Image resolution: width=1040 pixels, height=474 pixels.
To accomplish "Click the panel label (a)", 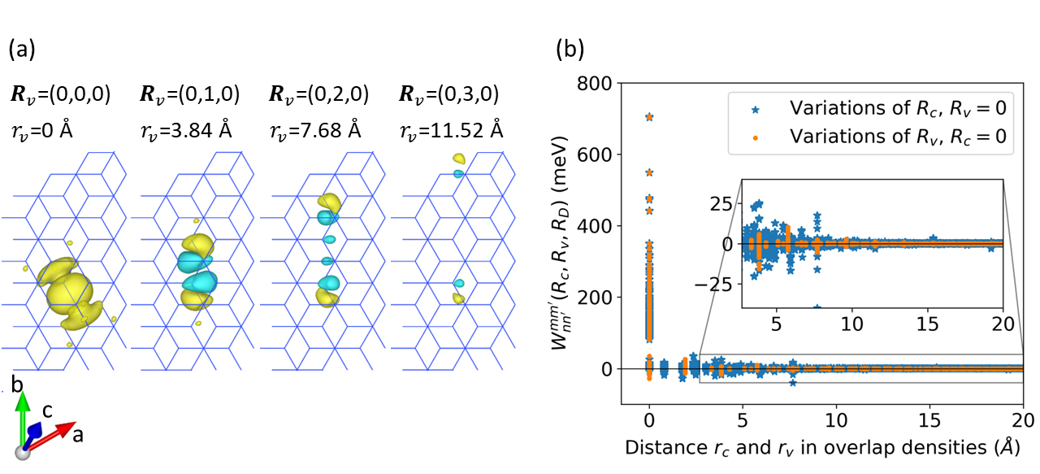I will tap(22, 50).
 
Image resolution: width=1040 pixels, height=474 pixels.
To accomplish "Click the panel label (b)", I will tap(570, 50).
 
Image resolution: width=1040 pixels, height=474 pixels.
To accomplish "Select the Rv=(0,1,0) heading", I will tap(190, 93).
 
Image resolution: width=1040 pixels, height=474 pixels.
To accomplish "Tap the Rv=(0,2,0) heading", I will tap(318, 93).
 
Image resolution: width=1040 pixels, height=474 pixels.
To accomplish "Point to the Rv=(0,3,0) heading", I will tap(448, 93).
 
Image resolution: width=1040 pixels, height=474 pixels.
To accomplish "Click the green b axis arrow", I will tap(24, 415).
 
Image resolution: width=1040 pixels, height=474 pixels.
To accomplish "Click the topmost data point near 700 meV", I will tap(649, 117).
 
